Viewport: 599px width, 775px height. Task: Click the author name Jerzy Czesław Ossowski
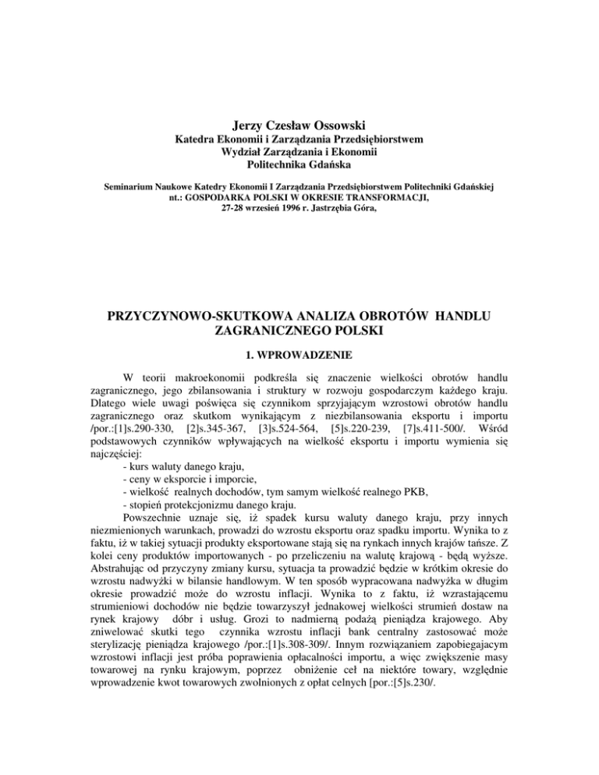pyautogui.click(x=299, y=124)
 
